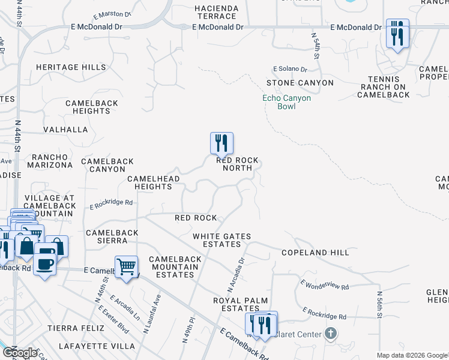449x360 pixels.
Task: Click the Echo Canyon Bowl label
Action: click(x=286, y=102)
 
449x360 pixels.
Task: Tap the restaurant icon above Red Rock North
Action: click(x=221, y=144)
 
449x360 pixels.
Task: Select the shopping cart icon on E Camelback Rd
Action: click(x=126, y=267)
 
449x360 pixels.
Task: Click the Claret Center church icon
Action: click(x=330, y=333)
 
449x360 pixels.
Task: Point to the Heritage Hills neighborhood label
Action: click(x=71, y=68)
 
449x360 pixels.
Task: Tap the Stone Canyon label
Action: click(x=300, y=83)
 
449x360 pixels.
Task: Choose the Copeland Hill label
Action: click(x=315, y=253)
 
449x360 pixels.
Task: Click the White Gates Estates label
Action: click(x=221, y=240)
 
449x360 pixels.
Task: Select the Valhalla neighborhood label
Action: click(x=65, y=130)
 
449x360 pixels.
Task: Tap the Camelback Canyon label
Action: click(x=107, y=165)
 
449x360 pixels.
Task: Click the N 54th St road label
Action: click(x=315, y=45)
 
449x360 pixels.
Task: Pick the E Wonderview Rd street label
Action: click(x=324, y=286)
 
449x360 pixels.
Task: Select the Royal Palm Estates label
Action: click(x=240, y=304)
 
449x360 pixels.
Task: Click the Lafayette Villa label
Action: click(x=97, y=346)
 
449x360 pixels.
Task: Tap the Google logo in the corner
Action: click(x=20, y=353)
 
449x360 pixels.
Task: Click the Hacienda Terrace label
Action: click(x=216, y=12)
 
